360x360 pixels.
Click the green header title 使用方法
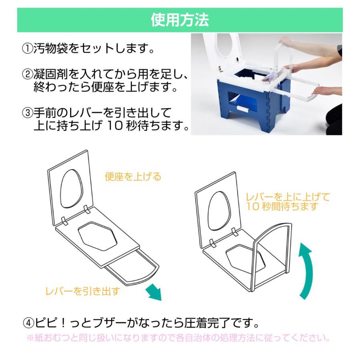[x=180, y=20]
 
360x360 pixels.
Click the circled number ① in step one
[x=27, y=50]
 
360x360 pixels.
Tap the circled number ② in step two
[x=27, y=75]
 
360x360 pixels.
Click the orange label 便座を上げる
[x=133, y=176]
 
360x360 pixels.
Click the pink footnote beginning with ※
[x=178, y=338]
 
